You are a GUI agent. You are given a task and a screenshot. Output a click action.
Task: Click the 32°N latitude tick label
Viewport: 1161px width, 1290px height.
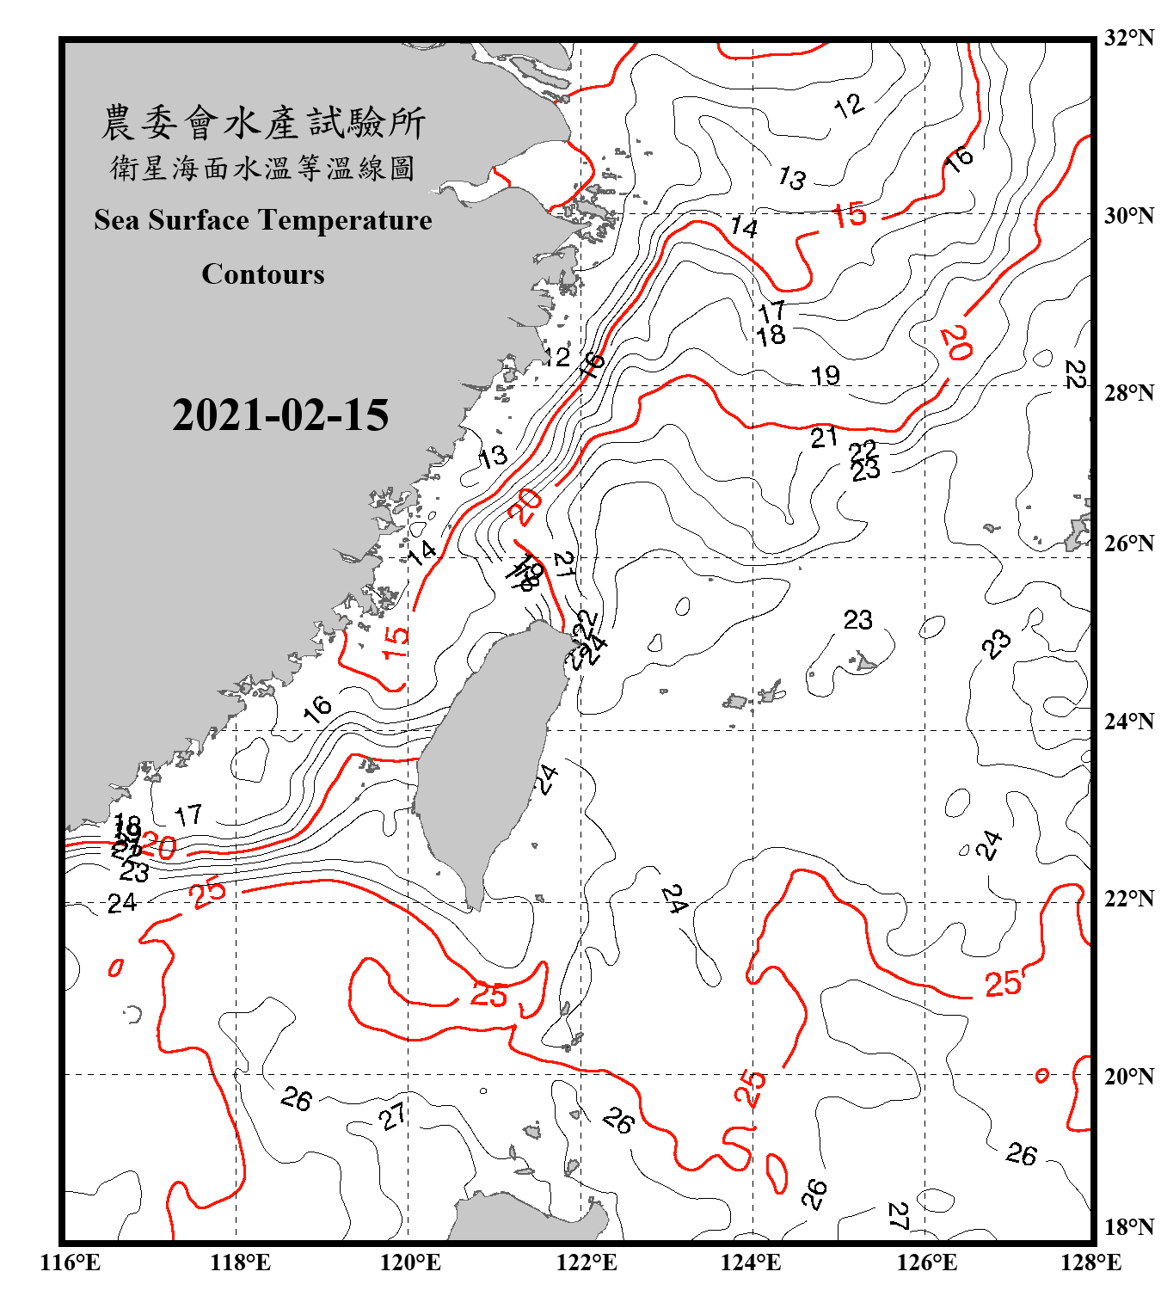[1128, 38]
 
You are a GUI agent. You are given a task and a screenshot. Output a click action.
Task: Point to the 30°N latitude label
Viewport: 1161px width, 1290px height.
[1128, 215]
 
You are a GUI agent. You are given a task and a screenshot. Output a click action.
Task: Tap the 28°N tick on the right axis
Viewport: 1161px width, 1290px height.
[1128, 393]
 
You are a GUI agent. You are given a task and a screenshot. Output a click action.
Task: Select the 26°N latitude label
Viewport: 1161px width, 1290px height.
[1128, 544]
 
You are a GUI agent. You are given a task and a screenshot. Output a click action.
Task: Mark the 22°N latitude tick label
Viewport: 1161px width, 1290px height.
[1128, 899]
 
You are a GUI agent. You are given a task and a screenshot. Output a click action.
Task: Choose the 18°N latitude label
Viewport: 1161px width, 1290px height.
[1128, 1227]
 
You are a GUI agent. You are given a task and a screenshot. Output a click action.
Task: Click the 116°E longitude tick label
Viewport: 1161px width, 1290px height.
[71, 1262]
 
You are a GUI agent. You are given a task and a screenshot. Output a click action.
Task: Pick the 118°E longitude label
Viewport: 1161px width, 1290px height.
[240, 1262]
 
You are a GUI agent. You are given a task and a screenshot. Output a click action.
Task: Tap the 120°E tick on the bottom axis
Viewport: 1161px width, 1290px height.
[410, 1262]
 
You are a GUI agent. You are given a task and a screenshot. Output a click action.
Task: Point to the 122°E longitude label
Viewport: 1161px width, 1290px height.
[587, 1262]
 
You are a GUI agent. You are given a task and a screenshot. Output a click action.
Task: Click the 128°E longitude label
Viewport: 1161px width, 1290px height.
[1090, 1262]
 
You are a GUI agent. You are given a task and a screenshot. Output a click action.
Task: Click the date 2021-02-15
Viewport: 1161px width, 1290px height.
[280, 415]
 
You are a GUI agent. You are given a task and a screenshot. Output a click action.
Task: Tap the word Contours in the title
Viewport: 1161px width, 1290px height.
[263, 274]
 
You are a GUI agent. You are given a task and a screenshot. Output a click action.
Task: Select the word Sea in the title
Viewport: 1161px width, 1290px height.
[118, 220]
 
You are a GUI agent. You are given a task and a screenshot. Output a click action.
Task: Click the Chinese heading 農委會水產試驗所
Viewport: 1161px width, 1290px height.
[263, 123]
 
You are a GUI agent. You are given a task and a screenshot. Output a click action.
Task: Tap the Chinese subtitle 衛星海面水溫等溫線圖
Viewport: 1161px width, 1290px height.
[263, 169]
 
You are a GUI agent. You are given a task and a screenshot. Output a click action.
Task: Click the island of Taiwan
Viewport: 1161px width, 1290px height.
[486, 757]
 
